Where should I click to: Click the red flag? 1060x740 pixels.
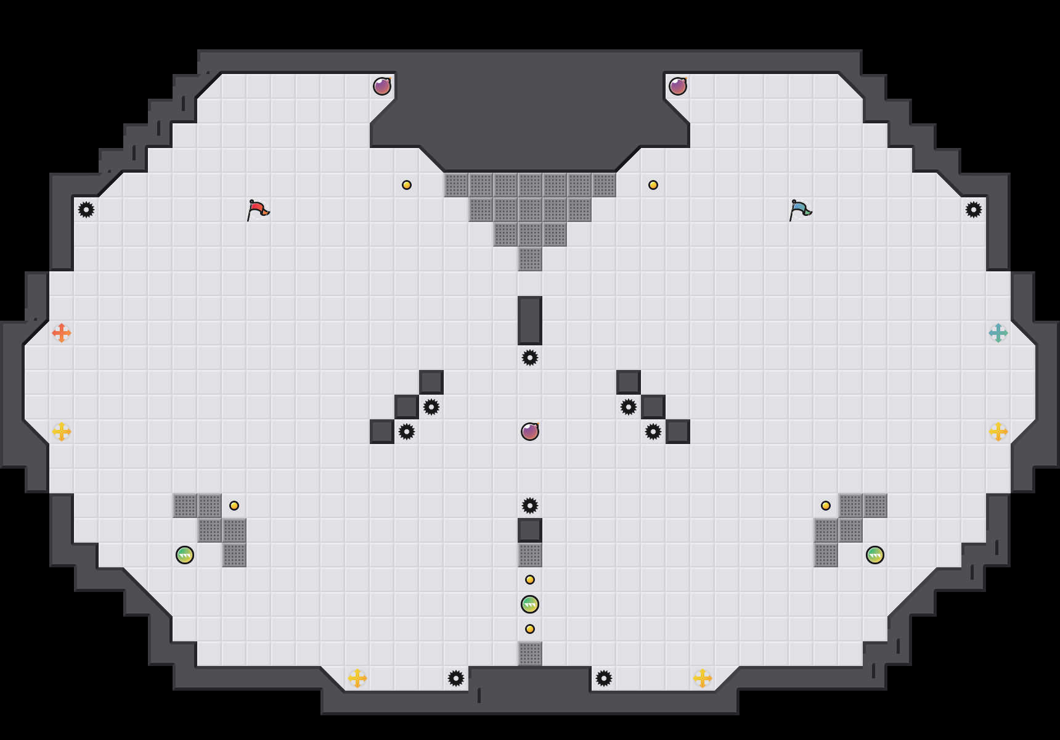(x=258, y=210)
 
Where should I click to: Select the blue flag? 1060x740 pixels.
(x=800, y=210)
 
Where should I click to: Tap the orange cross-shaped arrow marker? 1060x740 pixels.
(x=62, y=333)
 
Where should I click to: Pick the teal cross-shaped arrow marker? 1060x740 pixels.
(x=998, y=333)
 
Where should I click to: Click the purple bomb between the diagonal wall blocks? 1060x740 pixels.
(x=530, y=432)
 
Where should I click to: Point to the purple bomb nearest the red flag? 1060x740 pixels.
(x=382, y=86)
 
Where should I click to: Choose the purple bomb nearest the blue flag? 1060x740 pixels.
(x=678, y=86)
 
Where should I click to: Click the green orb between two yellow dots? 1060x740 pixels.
(x=530, y=604)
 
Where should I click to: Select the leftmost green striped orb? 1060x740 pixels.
(x=185, y=555)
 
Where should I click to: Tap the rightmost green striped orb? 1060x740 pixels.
(x=875, y=555)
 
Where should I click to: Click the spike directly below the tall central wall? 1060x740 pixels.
(x=530, y=358)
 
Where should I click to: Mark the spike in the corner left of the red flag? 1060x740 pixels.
(x=86, y=210)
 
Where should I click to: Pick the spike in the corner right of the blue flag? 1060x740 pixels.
(x=974, y=210)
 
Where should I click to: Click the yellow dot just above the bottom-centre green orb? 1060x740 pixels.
(x=530, y=580)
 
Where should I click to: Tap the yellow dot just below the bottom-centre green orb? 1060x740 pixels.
(x=530, y=629)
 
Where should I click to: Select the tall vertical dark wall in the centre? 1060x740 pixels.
(x=530, y=321)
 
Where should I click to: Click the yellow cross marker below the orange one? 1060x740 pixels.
(x=62, y=432)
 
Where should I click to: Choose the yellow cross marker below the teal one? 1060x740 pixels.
(x=998, y=432)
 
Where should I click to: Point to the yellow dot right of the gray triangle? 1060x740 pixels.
(x=653, y=185)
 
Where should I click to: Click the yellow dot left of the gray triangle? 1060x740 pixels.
(x=407, y=185)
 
